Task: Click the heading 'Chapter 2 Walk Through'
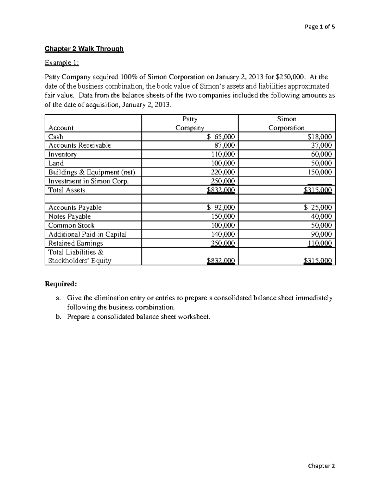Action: pyautogui.click(x=84, y=49)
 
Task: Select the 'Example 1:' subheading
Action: pyautogui.click(x=62, y=63)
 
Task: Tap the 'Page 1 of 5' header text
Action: pyautogui.click(x=320, y=27)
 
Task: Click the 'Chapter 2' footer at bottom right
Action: pyautogui.click(x=321, y=466)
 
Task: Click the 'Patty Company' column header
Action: pyautogui.click(x=190, y=123)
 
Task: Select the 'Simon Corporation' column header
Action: pyautogui.click(x=286, y=123)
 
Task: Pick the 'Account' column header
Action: pyautogui.click(x=61, y=128)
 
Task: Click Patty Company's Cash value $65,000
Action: pyautogui.click(x=221, y=137)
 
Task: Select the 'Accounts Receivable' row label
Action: pyautogui.click(x=79, y=145)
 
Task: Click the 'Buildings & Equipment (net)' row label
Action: pyautogui.click(x=92, y=172)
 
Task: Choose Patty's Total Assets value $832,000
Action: pyautogui.click(x=221, y=190)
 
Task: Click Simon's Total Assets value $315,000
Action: pyautogui.click(x=318, y=190)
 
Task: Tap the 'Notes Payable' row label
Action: pyautogui.click(x=69, y=216)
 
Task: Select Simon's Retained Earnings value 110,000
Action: pyautogui.click(x=320, y=243)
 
